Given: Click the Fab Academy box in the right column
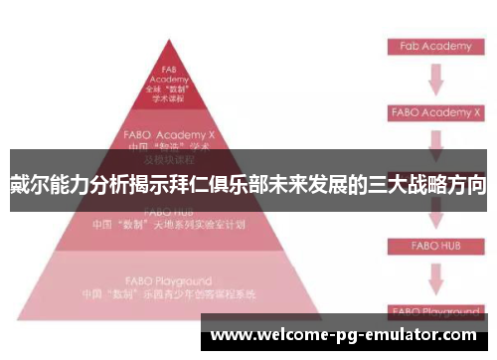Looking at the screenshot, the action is tap(434, 46).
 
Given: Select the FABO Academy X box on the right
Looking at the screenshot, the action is tap(434, 112).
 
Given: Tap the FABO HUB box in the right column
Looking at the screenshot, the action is tap(434, 244).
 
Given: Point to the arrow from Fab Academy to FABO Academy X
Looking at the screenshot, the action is tap(434, 79).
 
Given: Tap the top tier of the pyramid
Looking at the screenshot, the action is tap(168, 85).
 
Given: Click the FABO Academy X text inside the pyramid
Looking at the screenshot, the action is tap(168, 132).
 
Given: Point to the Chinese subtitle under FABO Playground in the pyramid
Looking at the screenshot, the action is tap(168, 295).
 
